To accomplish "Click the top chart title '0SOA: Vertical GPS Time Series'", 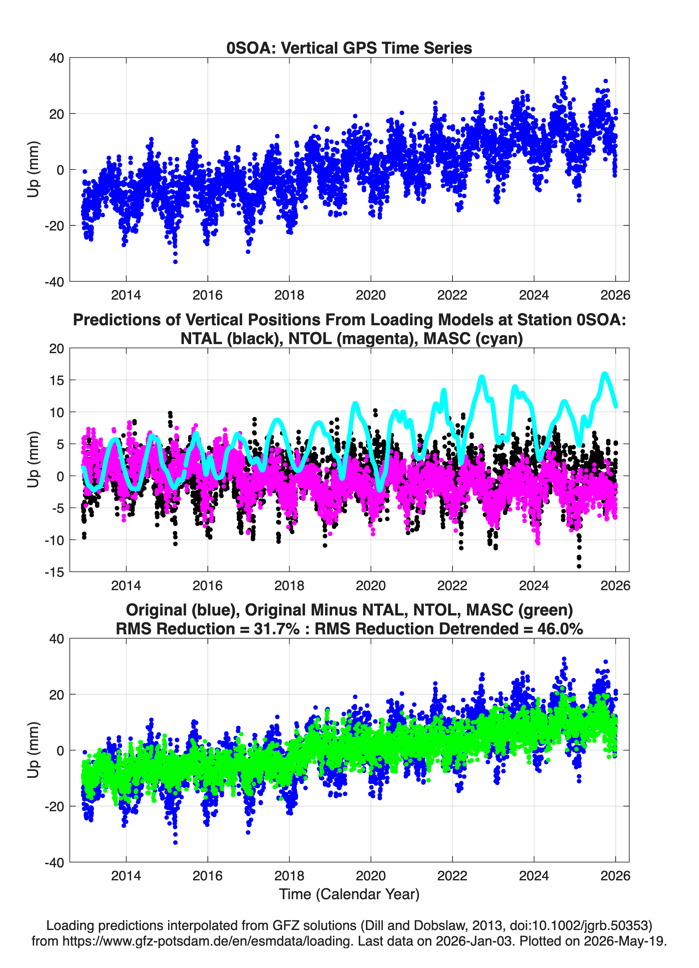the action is (x=349, y=48).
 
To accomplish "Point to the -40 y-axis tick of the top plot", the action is (x=54, y=282).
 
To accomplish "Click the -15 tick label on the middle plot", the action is (x=54, y=572).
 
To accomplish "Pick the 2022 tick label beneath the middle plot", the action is (x=452, y=585).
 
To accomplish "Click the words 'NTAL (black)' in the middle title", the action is (x=232, y=339).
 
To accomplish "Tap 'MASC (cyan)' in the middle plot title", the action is (x=473, y=339).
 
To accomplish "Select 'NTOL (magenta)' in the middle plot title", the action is (x=353, y=339).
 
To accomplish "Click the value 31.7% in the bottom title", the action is (x=276, y=629).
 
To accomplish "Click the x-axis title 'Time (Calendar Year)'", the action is (x=349, y=894).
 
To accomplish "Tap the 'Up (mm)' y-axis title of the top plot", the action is (x=33, y=169).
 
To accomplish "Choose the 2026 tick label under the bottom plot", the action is (x=615, y=875).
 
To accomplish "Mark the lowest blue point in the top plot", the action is (x=175, y=262).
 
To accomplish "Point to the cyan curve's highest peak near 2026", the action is (x=604, y=374).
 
